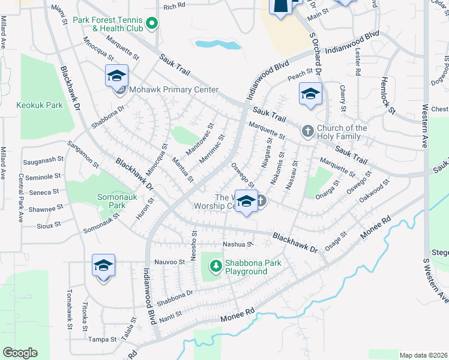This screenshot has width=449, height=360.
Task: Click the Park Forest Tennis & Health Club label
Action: click(x=108, y=24)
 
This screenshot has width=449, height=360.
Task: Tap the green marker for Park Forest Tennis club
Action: click(x=152, y=24)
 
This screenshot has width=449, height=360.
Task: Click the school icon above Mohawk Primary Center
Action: click(x=116, y=76)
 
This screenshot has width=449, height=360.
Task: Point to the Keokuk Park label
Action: click(x=40, y=105)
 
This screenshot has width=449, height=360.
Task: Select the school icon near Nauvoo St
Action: click(x=103, y=265)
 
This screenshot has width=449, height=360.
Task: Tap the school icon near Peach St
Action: click(x=310, y=94)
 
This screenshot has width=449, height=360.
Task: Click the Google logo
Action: click(x=20, y=353)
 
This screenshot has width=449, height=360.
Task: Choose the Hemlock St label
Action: click(x=388, y=94)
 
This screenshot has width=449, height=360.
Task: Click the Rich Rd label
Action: click(x=174, y=7)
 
